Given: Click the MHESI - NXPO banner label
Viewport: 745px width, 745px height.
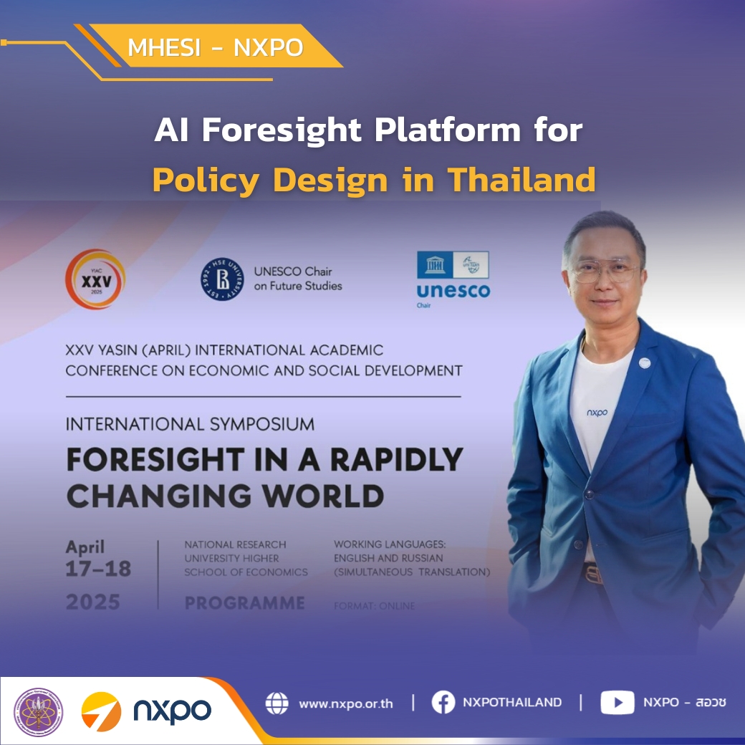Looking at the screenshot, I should point(215,47).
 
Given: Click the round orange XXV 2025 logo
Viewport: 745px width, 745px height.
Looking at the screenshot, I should point(95,279).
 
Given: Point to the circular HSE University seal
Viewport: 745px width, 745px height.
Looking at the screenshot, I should point(222,279).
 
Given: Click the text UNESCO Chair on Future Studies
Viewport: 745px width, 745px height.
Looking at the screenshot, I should point(298,279).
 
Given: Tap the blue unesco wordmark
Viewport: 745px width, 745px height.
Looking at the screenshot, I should point(453,291).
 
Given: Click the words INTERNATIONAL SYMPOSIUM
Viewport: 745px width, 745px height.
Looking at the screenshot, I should point(190,424).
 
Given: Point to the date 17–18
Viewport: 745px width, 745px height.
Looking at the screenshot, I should point(99,569).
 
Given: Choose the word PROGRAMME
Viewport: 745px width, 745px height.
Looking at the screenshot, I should point(245,603).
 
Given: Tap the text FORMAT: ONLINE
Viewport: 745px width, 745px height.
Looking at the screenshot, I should point(374,606).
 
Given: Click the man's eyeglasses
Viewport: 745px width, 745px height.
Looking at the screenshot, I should point(605,271).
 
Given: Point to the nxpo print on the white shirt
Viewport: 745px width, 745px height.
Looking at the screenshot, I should point(597,413).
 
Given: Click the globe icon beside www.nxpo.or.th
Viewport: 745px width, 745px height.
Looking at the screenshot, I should point(277,703).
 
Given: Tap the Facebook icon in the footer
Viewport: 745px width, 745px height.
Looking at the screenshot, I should point(443,703).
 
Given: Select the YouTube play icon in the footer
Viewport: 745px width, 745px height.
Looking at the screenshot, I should point(617,703).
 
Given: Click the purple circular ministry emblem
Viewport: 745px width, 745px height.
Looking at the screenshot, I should point(39,713).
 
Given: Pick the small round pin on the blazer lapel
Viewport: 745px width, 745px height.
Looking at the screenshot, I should point(645,362).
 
